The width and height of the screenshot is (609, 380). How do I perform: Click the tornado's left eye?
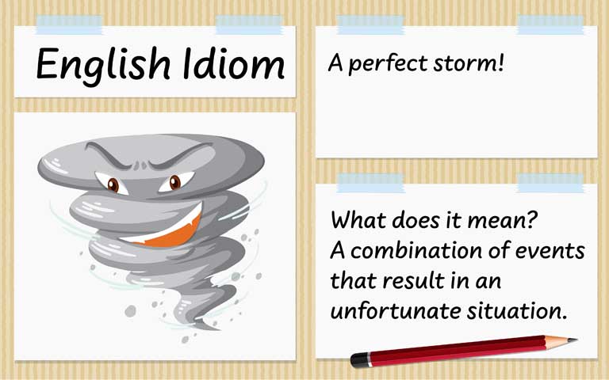coord(113,185)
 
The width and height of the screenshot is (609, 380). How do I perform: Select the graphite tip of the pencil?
coord(573,340)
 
